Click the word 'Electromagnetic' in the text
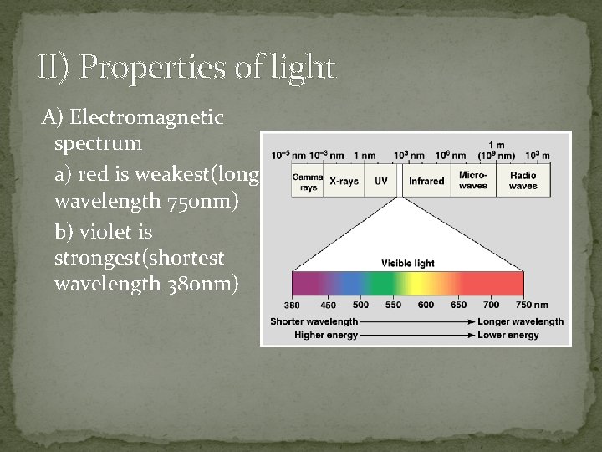pos(147,117)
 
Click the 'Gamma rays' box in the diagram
pos(307,182)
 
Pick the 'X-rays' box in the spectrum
pos(344,182)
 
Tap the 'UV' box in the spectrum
pos(380,182)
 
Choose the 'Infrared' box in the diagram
pos(426,182)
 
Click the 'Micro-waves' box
pos(473,182)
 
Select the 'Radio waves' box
pos(523,182)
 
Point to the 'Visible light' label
pos(408,263)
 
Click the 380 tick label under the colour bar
pos(293,306)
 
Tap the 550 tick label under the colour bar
pos(393,306)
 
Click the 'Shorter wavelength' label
pos(314,321)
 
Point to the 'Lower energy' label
pos(508,336)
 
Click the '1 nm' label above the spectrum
pos(365,156)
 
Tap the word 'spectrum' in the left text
pos(98,143)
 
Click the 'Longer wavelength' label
pos(520,321)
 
